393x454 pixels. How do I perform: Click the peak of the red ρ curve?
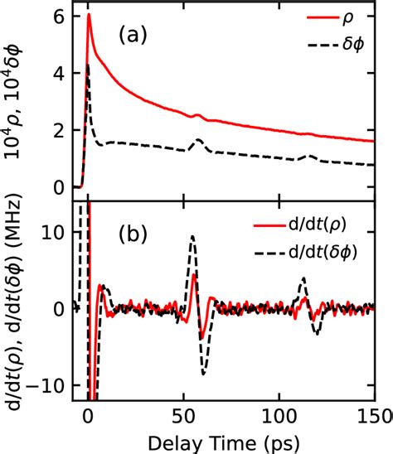(x=89, y=15)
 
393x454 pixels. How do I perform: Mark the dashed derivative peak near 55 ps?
(x=192, y=236)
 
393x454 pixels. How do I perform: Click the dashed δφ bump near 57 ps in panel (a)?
(x=196, y=141)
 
